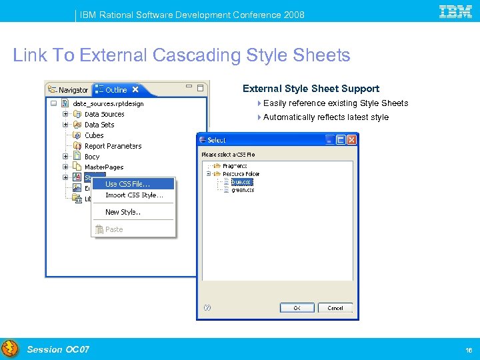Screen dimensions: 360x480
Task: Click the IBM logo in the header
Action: click(x=456, y=11)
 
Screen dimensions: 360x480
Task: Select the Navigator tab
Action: click(x=67, y=90)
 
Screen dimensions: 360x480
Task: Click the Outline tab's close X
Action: click(x=135, y=89)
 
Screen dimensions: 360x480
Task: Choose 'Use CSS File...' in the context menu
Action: click(x=127, y=184)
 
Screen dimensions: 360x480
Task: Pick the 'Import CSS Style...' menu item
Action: click(x=134, y=195)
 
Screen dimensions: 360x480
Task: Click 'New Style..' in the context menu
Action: click(x=123, y=212)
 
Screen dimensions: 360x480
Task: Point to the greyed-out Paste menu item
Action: click(x=114, y=229)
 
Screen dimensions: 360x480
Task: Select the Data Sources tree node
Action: click(x=104, y=114)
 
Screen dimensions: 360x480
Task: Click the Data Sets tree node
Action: click(x=99, y=125)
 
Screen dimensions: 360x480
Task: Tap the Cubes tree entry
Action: click(x=94, y=135)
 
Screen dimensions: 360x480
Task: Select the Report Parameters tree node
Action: click(x=113, y=146)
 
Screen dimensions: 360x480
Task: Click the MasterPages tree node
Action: click(x=103, y=167)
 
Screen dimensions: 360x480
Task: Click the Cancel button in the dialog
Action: click(x=335, y=308)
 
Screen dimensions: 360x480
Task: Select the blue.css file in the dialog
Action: click(x=241, y=181)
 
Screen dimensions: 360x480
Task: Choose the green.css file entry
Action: click(x=243, y=190)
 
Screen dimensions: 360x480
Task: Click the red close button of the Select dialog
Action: click(x=351, y=140)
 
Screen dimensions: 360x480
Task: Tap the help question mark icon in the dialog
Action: click(x=207, y=308)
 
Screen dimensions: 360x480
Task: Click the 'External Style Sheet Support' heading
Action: click(x=311, y=89)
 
